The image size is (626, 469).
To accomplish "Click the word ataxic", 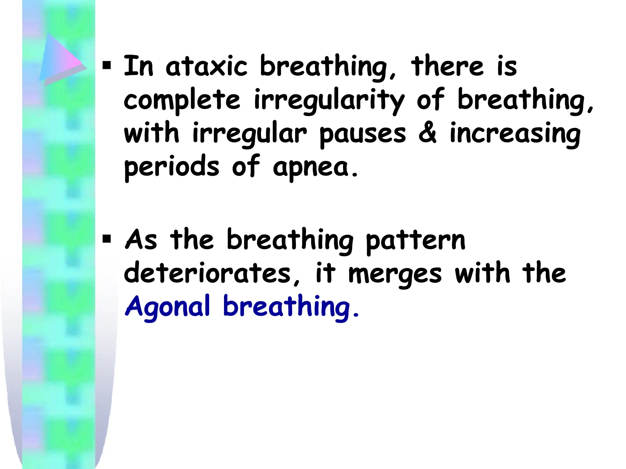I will tap(206, 66).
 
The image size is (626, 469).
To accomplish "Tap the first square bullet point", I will tap(106, 65).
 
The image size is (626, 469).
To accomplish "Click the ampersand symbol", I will tap(427, 133).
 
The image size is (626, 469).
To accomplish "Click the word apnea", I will tap(315, 167).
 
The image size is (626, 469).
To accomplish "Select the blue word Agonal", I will tap(168, 306).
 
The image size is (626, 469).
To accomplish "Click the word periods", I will tap(171, 167).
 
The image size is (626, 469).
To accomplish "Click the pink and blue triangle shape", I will tap(61, 60).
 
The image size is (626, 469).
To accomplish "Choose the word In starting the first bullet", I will tap(138, 66).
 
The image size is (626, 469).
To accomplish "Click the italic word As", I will tap(141, 240).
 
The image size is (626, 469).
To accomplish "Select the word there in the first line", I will tap(447, 66).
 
